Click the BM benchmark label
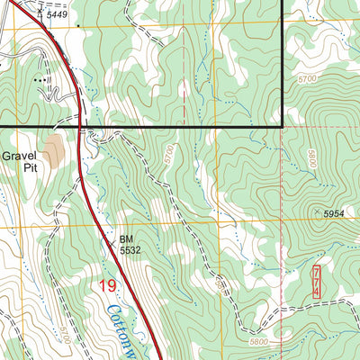[x=126, y=240]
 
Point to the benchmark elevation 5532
[x=131, y=252]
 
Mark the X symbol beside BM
[x=113, y=239]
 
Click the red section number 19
[x=108, y=286]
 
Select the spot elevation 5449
[x=57, y=15]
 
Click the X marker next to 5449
[x=40, y=11]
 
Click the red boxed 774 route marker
[x=317, y=282]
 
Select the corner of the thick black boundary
[x=283, y=127]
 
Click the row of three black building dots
[x=39, y=80]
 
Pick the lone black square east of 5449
[x=77, y=26]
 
